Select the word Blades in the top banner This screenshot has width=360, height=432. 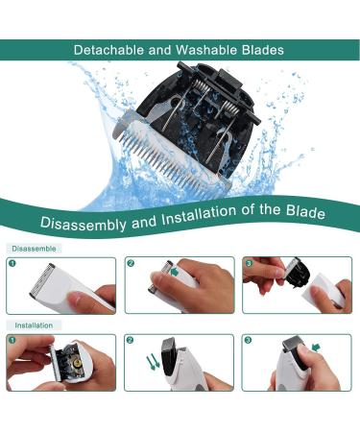click(263, 50)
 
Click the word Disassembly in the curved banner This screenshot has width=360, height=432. click(84, 223)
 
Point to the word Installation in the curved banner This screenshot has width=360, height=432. click(199, 216)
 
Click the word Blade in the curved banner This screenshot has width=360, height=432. click(305, 211)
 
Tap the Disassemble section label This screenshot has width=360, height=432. click(34, 249)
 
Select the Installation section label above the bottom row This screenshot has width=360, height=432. click(34, 325)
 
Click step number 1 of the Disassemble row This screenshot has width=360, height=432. click(12, 263)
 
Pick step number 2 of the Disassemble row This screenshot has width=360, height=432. click(131, 263)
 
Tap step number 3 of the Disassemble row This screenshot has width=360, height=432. click(249, 263)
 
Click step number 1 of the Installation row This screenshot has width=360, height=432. click(12, 340)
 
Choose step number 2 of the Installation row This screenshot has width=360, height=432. click(130, 340)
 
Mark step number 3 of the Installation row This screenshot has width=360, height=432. click(248, 340)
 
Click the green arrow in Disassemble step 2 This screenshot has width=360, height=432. click(175, 273)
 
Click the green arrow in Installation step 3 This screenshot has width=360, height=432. click(316, 348)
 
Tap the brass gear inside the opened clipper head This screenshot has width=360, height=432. click(77, 362)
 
